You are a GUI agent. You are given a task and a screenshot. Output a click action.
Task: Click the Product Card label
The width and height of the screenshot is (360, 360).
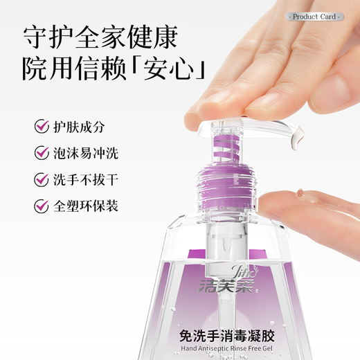click(x=314, y=17)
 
